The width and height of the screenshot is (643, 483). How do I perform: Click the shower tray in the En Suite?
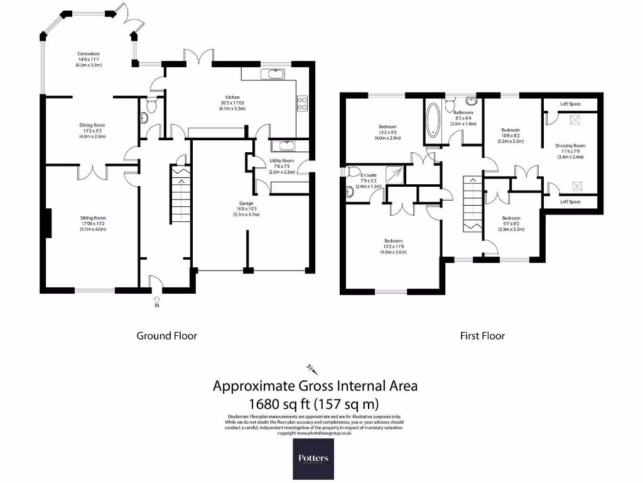pyautogui.click(x=394, y=174)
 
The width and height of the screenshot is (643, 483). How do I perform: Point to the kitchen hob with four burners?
pyautogui.click(x=302, y=103)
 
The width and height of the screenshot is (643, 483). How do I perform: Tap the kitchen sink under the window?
pyautogui.click(x=274, y=75)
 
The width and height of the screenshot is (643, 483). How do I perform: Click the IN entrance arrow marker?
pyautogui.click(x=156, y=305)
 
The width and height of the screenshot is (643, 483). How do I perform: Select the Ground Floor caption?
pyautogui.click(x=167, y=336)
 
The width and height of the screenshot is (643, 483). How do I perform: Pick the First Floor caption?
pyautogui.click(x=482, y=336)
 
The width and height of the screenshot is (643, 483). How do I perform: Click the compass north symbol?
pyautogui.click(x=309, y=368)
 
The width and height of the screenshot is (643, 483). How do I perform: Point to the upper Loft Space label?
pyautogui.click(x=570, y=103)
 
